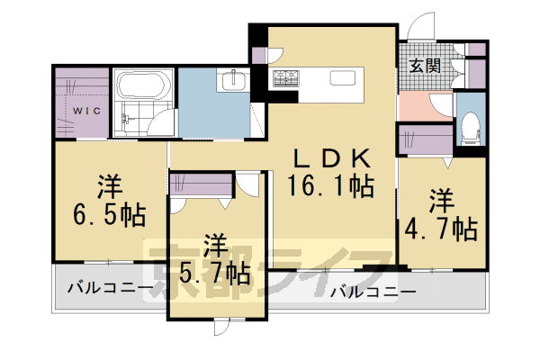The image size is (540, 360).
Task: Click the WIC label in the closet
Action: coord(86,112)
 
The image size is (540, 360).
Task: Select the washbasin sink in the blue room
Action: coord(233,80)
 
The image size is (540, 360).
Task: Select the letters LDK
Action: coord(329,158)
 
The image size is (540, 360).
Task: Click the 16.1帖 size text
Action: coord(330,187)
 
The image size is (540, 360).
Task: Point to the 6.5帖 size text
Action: coord(109,216)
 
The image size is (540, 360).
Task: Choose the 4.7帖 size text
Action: coord(440,228)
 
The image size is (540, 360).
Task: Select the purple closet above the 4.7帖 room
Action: coord(425,142)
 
